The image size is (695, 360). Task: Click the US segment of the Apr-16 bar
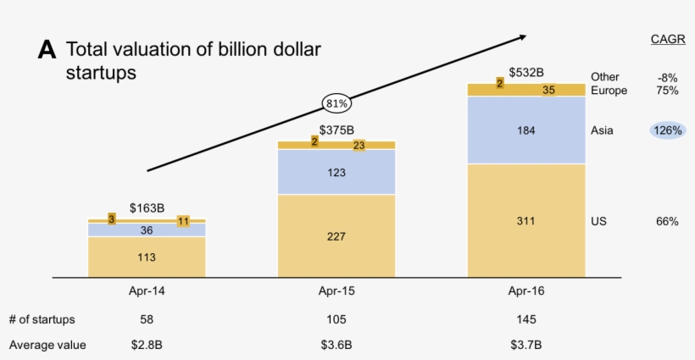pyautogui.click(x=526, y=221)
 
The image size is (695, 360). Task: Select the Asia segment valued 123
pyautogui.click(x=336, y=172)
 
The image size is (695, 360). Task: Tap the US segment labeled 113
pyautogui.click(x=147, y=257)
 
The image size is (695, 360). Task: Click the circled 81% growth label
pyautogui.click(x=336, y=104)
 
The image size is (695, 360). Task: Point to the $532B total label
pyautogui.click(x=526, y=73)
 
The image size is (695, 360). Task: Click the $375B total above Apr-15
pyautogui.click(x=336, y=130)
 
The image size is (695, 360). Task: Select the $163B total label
pyautogui.click(x=147, y=207)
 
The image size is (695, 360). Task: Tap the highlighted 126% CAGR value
pyautogui.click(x=667, y=130)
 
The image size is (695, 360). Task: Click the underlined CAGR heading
pyautogui.click(x=667, y=39)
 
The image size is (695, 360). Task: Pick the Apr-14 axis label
pyautogui.click(x=147, y=290)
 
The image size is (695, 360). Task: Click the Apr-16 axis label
pyautogui.click(x=526, y=290)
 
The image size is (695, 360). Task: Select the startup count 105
pyautogui.click(x=336, y=319)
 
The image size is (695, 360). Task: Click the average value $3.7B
pyautogui.click(x=526, y=345)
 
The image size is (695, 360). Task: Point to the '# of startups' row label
pyautogui.click(x=42, y=319)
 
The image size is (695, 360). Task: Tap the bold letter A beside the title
pyautogui.click(x=47, y=51)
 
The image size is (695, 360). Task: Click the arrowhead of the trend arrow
pyautogui.click(x=522, y=36)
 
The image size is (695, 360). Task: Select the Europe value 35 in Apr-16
pyautogui.click(x=549, y=90)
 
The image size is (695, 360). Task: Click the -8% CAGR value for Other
pyautogui.click(x=667, y=77)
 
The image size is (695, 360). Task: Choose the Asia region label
pyautogui.click(x=602, y=130)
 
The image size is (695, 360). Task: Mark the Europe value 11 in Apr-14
pyautogui.click(x=183, y=222)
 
